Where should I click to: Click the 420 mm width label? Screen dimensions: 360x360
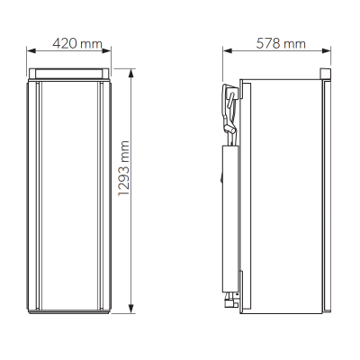(x=77, y=44)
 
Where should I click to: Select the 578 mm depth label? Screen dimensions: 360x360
(x=281, y=44)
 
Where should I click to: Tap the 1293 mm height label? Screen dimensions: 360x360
(x=123, y=168)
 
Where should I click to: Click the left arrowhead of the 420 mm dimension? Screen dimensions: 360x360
(x=31, y=50)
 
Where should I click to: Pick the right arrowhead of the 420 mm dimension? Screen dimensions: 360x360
(x=106, y=50)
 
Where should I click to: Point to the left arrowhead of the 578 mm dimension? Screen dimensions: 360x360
(x=228, y=50)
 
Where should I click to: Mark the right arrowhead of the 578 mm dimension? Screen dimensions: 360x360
(x=326, y=50)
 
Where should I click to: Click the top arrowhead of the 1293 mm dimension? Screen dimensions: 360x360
(x=130, y=74)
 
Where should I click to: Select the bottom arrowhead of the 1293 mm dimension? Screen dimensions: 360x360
(x=130, y=309)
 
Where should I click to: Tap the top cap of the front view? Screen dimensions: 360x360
(x=69, y=73)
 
